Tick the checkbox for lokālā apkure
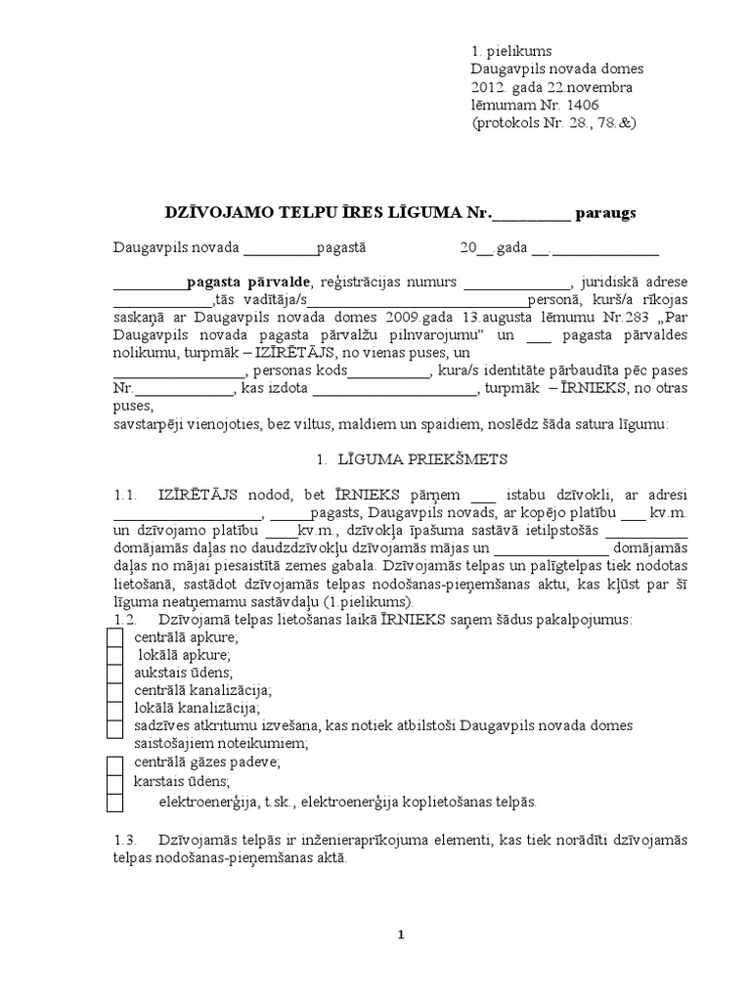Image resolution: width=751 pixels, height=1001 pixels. coord(114,655)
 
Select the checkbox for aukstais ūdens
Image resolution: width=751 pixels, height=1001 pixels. coord(114,673)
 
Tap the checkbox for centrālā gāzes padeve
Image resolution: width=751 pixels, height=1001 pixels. coord(114,763)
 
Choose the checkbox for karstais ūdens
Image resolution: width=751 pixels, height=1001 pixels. coord(114,782)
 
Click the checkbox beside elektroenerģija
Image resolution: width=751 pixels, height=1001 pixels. coord(114,802)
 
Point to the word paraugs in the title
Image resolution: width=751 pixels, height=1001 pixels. coord(607,212)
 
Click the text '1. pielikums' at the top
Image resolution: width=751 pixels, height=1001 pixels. coord(511,50)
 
